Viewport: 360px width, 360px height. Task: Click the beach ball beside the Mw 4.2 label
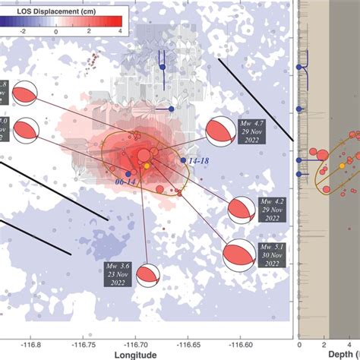pyautogui.click(x=242, y=210)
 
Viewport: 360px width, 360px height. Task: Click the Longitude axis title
pyautogui.click(x=134, y=355)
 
